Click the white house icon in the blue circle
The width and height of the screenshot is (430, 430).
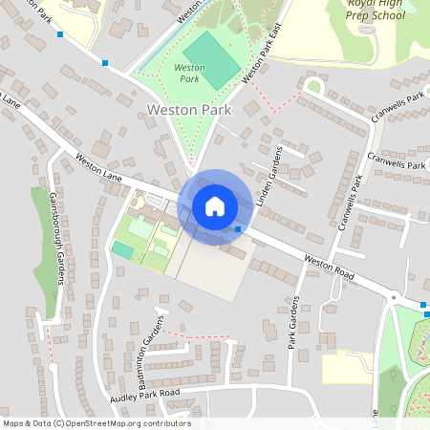click(x=215, y=205)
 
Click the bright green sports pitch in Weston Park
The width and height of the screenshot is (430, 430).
click(x=211, y=58)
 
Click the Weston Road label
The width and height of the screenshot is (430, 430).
click(x=330, y=266)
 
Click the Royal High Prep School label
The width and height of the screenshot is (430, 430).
click(x=376, y=10)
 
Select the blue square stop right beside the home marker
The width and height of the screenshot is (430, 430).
click(x=238, y=229)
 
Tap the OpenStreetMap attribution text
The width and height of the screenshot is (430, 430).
click(x=97, y=423)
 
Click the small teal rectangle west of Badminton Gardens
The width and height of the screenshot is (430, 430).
click(x=122, y=249)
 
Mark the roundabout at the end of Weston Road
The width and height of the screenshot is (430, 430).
click(x=393, y=297)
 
